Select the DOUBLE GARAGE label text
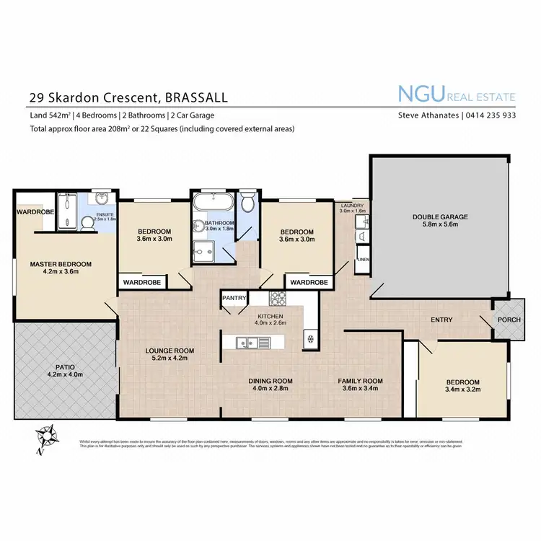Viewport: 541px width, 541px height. (440, 216)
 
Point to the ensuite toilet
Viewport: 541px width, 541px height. (89, 224)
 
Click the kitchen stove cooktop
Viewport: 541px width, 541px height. (278, 297)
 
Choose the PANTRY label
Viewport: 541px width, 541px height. (235, 297)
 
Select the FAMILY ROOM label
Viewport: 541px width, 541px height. (361, 380)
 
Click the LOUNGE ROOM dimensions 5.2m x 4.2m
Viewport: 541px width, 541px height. (170, 359)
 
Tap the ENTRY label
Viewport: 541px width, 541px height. (441, 320)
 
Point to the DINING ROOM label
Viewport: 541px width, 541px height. (270, 380)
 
